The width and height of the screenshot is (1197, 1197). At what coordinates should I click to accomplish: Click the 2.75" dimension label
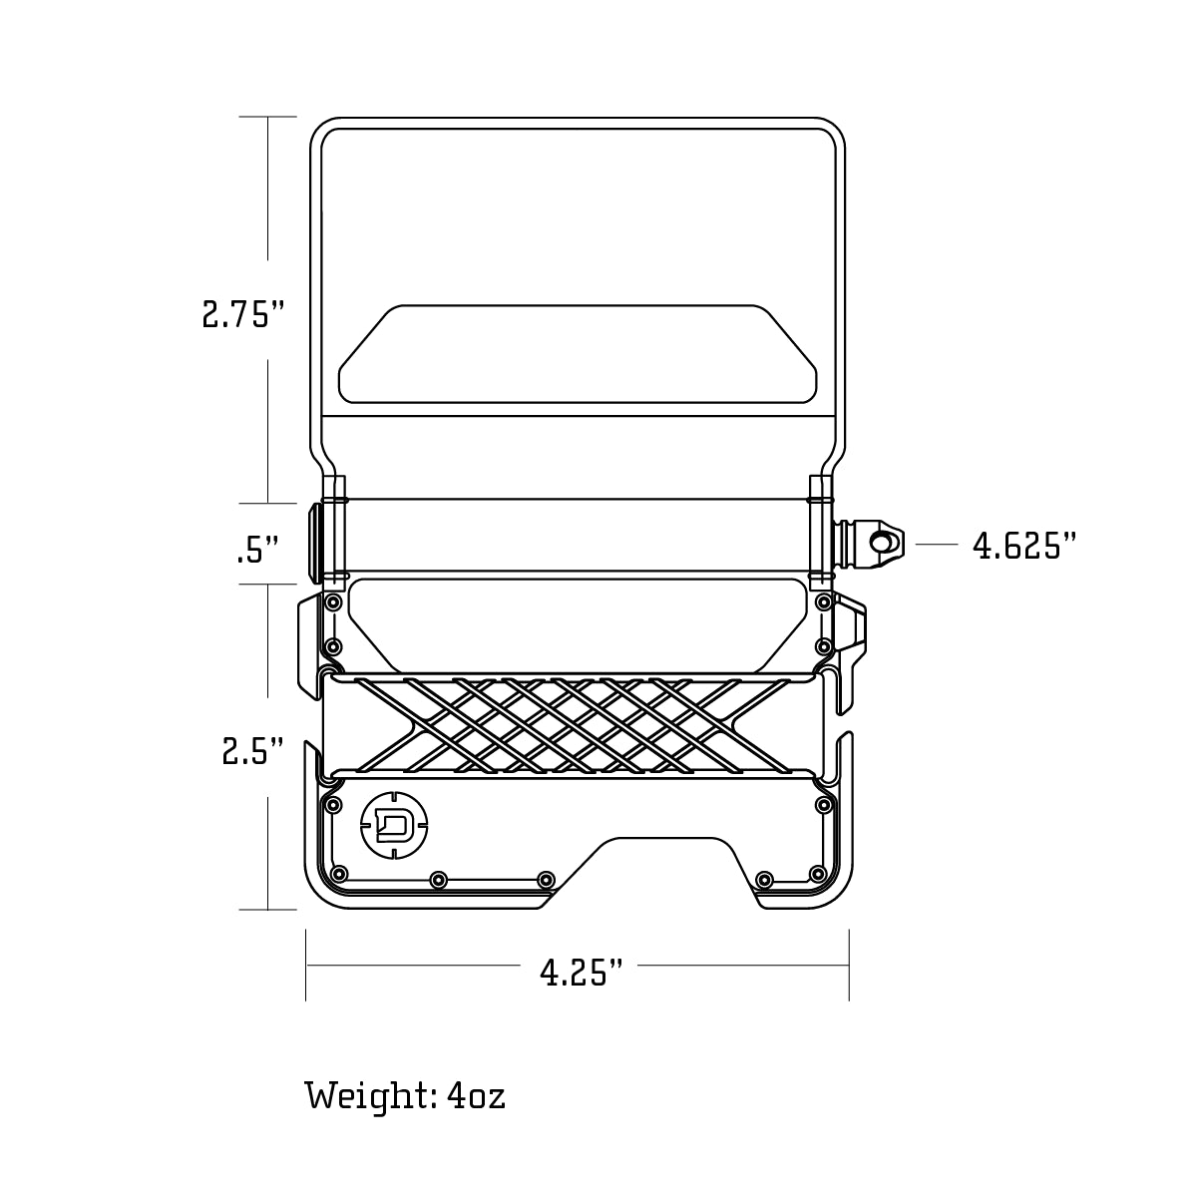pyautogui.click(x=243, y=315)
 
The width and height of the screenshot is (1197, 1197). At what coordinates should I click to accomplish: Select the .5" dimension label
pyautogui.click(x=256, y=550)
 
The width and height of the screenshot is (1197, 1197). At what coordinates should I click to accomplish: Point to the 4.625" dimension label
pyautogui.click(x=1024, y=546)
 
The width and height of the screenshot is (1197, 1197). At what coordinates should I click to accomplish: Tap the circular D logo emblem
pyautogui.click(x=396, y=823)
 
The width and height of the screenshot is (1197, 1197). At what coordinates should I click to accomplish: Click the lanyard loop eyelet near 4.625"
pyautogui.click(x=881, y=543)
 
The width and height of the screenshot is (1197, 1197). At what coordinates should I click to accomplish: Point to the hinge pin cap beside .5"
pyautogui.click(x=316, y=544)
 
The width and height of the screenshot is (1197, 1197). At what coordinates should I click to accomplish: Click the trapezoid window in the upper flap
pyautogui.click(x=578, y=354)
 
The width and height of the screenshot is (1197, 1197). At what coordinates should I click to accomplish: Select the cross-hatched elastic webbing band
pyautogui.click(x=574, y=726)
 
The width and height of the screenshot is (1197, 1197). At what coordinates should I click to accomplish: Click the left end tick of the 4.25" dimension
pyautogui.click(x=306, y=965)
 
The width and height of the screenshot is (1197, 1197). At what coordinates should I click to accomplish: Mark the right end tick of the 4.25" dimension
pyautogui.click(x=849, y=965)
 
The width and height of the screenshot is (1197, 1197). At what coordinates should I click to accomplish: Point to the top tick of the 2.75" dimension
pyautogui.click(x=268, y=118)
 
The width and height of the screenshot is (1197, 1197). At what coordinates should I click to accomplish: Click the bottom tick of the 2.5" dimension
pyautogui.click(x=268, y=909)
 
